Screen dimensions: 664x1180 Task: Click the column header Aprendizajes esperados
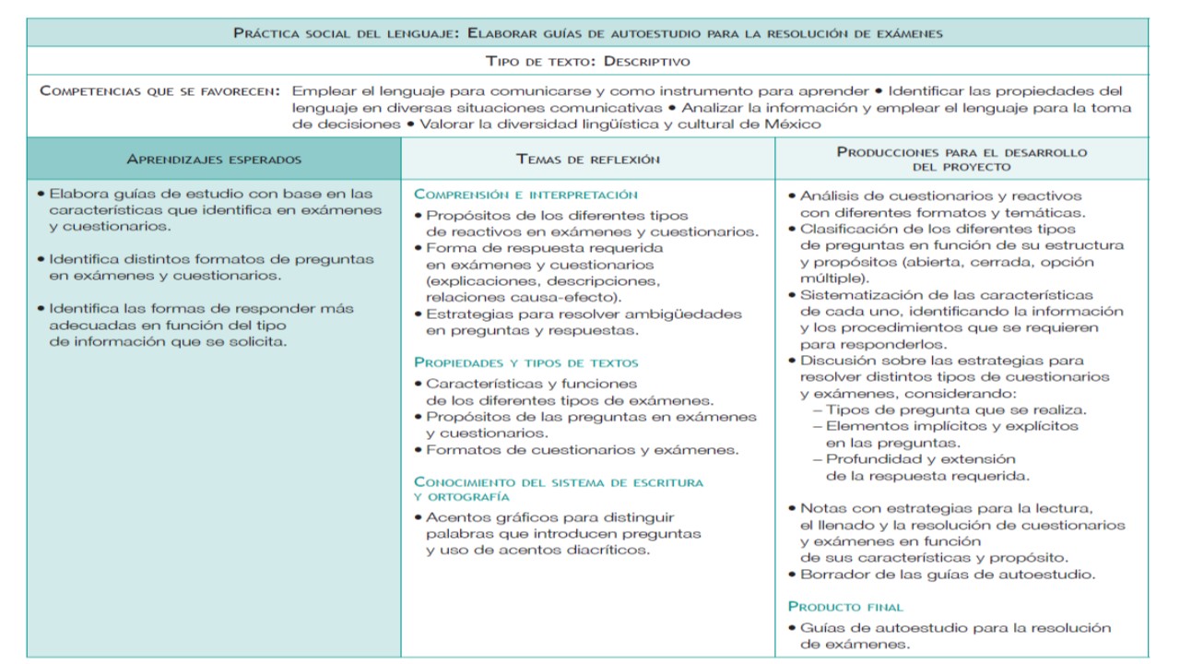(214, 160)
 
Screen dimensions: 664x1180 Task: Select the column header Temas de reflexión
(588, 160)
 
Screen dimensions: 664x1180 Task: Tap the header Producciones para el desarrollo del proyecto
(962, 160)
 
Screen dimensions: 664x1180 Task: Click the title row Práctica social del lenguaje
(588, 33)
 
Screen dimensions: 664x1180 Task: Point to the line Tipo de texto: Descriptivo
(588, 62)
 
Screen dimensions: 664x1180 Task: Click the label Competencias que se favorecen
(161, 91)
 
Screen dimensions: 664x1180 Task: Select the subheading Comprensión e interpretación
(525, 195)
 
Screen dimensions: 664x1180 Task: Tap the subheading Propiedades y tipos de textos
(525, 362)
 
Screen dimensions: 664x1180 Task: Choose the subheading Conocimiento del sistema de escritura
(558, 482)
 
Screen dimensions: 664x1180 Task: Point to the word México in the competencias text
(792, 125)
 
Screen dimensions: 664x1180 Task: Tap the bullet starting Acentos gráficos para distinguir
(549, 517)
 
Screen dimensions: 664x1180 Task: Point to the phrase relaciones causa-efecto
(523, 297)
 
